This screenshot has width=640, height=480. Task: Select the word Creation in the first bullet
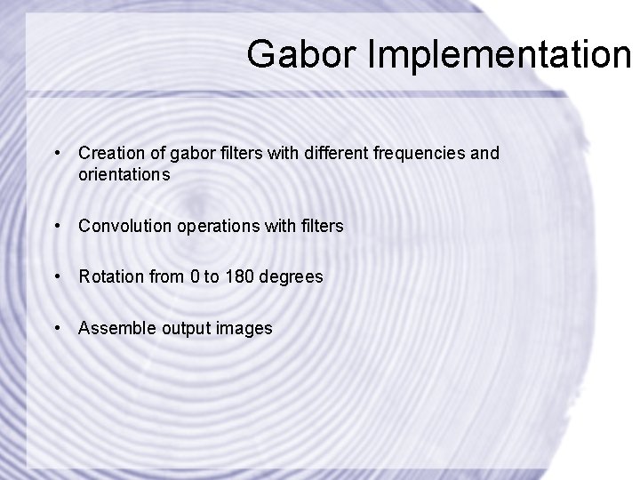coord(108,154)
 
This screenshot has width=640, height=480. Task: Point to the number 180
coord(238,277)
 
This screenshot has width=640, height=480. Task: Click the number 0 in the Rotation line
coord(196,277)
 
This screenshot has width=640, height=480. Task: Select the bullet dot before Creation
coord(58,155)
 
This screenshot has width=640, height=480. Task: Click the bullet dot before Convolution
coord(58,228)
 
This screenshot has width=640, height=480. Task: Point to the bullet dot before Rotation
coord(58,278)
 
